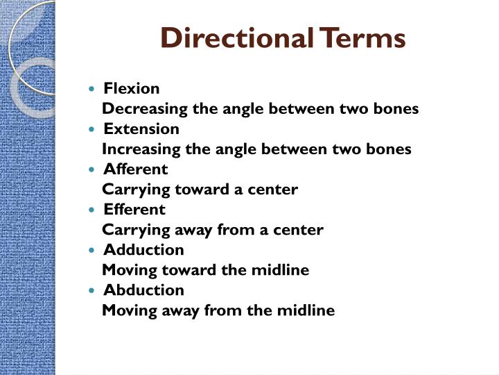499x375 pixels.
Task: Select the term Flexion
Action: (132, 88)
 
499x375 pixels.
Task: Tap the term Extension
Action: (141, 128)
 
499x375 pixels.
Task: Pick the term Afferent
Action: (136, 169)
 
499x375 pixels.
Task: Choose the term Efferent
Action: (134, 209)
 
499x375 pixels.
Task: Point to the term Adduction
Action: (143, 249)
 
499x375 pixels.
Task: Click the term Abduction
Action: (143, 290)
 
